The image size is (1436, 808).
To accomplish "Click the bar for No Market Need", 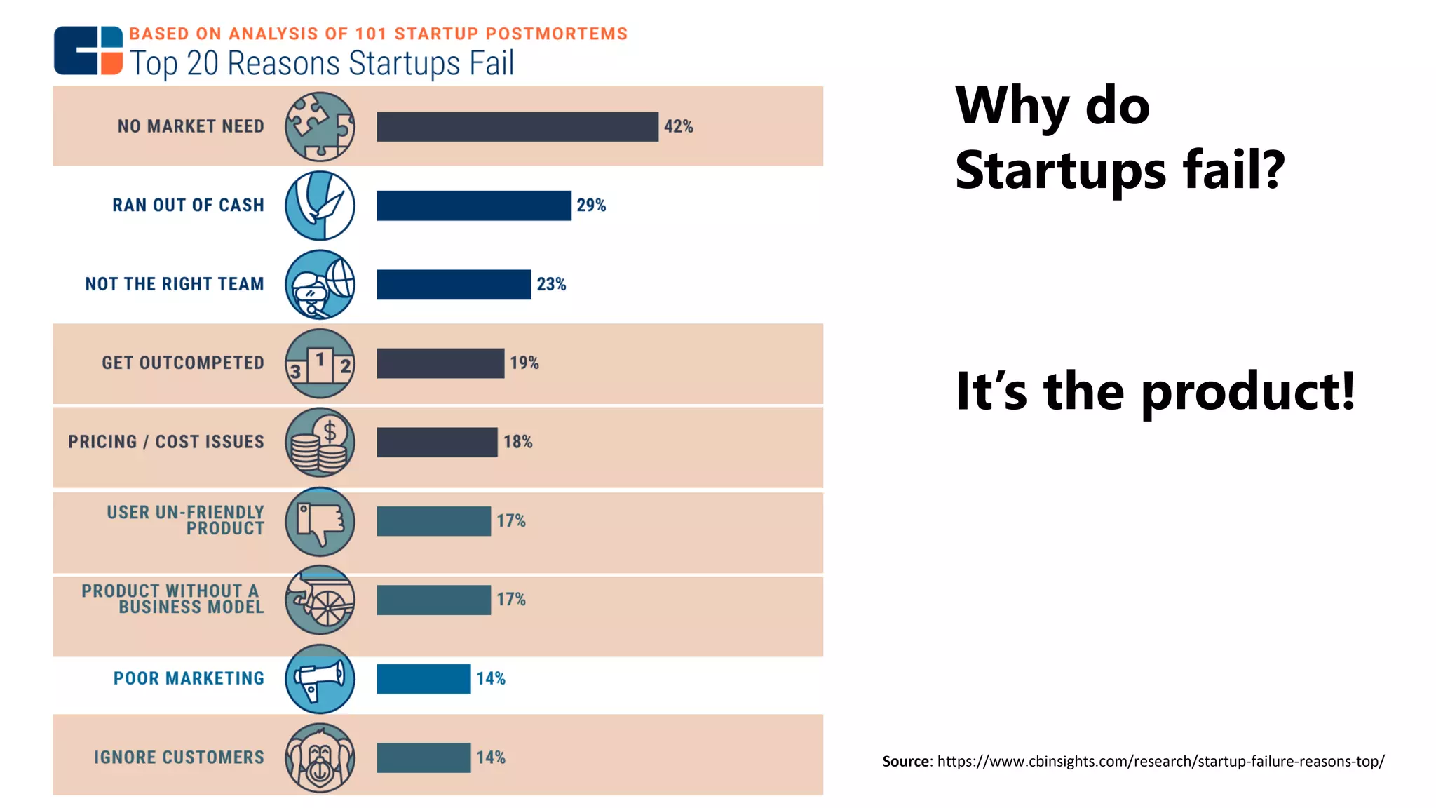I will pos(517,126).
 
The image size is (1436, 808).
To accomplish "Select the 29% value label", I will pos(591,205).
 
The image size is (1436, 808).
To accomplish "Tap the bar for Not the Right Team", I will pos(453,284).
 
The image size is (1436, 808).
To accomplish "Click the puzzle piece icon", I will pos(320,126).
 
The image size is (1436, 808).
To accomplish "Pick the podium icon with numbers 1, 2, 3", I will pos(320,363).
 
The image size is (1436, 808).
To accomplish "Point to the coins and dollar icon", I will pos(320,443).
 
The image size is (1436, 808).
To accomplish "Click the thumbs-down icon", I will pos(320,522).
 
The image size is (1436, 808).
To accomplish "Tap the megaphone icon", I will pos(320,679).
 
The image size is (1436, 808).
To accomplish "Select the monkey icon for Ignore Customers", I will pos(320,757).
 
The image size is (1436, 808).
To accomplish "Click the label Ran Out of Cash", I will pos(188,205).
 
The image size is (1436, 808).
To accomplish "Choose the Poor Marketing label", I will pos(189,678).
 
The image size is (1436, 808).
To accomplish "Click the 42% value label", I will pos(678,126).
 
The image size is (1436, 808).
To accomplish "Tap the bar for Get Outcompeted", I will pos(440,363).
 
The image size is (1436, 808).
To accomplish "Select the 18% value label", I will pos(517,442).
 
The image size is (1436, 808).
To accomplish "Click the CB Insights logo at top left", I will pos(88,50).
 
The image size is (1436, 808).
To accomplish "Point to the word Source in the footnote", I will pos(905,761).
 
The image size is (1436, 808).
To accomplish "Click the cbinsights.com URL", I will pos(1160,761).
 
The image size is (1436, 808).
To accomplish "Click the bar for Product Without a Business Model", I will pos(433,600).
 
